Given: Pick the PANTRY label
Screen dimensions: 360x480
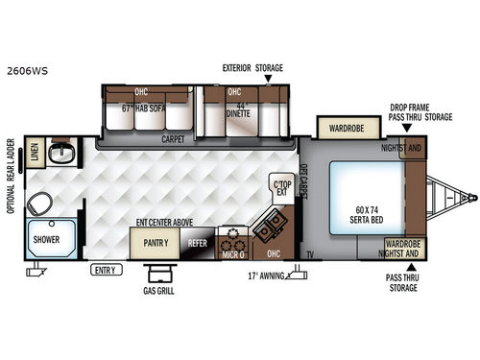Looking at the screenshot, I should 156,243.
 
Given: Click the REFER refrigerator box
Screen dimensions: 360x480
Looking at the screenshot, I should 197,244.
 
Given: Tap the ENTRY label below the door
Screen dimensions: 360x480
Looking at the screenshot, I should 106,270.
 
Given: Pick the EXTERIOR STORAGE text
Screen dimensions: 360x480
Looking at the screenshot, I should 253,69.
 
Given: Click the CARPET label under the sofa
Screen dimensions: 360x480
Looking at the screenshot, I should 173,138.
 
